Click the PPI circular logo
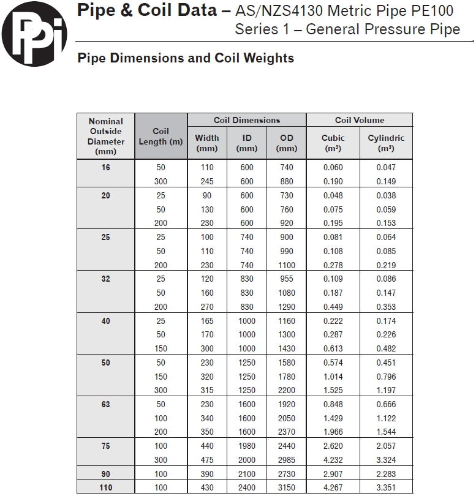click(34, 34)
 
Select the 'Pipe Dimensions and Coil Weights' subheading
click(186, 58)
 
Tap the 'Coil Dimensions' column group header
click(247, 120)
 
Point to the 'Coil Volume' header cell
click(360, 120)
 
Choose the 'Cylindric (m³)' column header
click(386, 143)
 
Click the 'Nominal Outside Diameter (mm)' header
click(106, 136)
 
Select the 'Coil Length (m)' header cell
click(161, 137)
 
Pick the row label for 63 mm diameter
click(106, 404)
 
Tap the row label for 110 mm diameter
click(106, 487)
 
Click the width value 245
click(207, 181)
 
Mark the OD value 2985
click(287, 460)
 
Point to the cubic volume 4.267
click(333, 487)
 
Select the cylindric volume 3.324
click(386, 460)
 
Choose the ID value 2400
click(247, 487)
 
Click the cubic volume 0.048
click(333, 195)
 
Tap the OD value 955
click(287, 279)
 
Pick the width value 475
click(207, 460)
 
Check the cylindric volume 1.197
click(386, 390)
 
